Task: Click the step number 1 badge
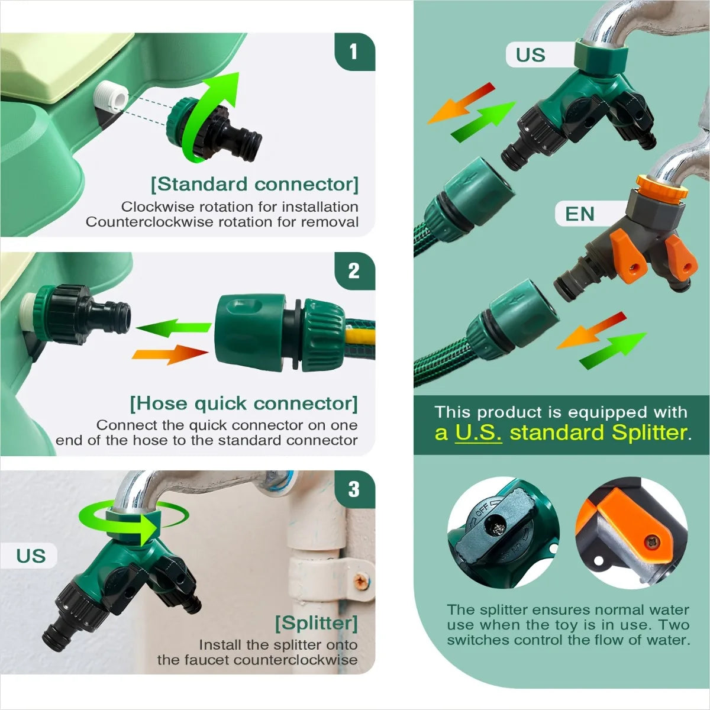point(354,51)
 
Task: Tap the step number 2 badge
point(354,271)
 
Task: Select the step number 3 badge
point(354,490)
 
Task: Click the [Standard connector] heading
point(254,184)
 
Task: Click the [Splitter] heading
point(317,623)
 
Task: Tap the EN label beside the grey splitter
point(580,214)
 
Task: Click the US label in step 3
point(31,556)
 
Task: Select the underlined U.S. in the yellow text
point(478,433)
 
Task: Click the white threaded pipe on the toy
point(111,97)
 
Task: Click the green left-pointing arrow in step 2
point(174,328)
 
